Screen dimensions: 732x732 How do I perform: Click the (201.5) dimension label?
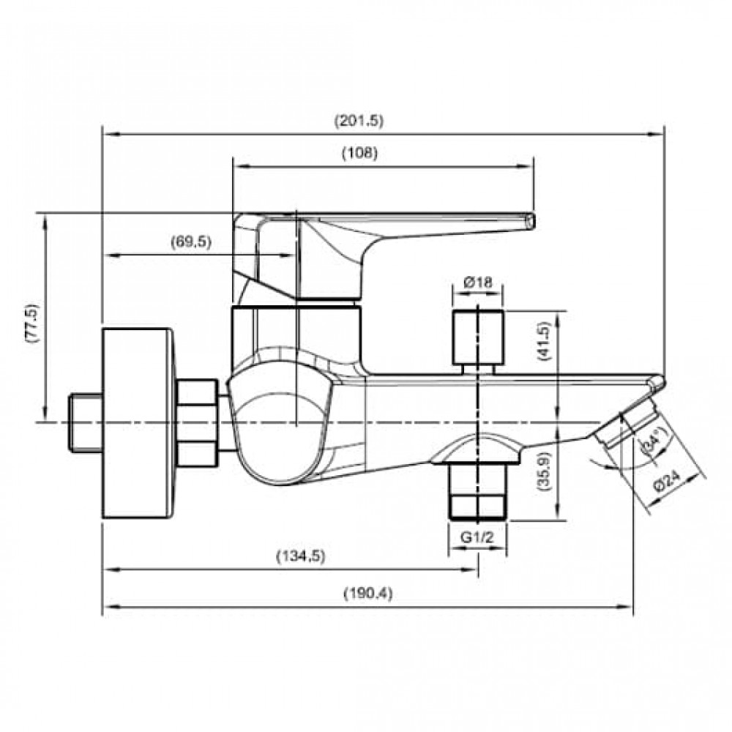[359, 121]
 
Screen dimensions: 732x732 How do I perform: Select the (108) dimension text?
[359, 153]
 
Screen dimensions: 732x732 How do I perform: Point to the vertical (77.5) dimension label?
[34, 323]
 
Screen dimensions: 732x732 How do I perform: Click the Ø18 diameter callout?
[478, 282]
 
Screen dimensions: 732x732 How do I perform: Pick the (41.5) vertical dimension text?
[545, 342]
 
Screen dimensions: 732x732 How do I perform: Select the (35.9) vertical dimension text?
[545, 472]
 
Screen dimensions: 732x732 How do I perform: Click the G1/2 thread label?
[477, 537]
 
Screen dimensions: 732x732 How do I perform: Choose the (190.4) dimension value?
[368, 594]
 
